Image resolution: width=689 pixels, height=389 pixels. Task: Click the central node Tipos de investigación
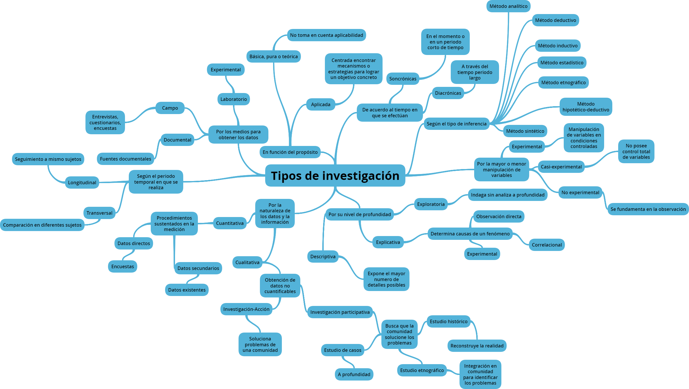tap(335, 175)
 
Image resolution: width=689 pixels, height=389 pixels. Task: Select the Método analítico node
tap(508, 6)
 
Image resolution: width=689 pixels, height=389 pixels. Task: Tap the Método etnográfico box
tap(563, 82)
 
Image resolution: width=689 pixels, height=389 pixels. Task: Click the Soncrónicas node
tap(403, 79)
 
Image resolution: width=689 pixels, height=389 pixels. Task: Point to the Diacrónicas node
tap(448, 93)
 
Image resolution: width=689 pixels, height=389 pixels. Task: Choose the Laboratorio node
tap(234, 99)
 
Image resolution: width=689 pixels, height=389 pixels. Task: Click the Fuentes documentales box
tap(126, 159)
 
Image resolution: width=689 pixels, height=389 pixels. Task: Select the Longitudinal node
tap(82, 183)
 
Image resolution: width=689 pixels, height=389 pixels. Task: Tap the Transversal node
tap(99, 213)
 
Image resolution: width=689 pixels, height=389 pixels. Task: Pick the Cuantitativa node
tap(230, 223)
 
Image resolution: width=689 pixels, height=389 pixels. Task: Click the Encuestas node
tap(123, 266)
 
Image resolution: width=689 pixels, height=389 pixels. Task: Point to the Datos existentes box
tap(187, 290)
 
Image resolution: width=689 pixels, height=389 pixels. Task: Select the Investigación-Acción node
tap(246, 309)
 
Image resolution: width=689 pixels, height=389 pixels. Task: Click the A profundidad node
tap(354, 374)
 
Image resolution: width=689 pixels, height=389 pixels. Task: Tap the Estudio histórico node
tap(448, 321)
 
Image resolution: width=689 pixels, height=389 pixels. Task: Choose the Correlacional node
tap(547, 245)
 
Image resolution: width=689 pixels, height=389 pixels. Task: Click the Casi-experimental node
tap(561, 167)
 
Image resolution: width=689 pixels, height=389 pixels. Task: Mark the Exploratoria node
tap(431, 204)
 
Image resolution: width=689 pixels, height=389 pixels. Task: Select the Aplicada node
tap(320, 104)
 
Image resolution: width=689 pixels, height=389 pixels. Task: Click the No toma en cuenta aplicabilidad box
tap(326, 35)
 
